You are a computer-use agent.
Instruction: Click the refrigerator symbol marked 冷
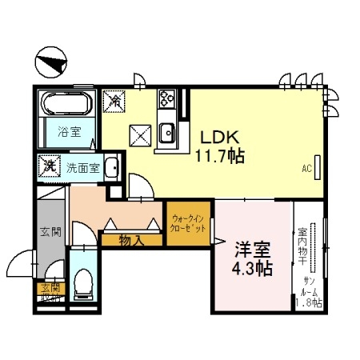115,102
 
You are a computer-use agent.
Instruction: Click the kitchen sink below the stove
168,135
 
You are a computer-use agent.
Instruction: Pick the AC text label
306,170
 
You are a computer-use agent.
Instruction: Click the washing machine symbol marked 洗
49,167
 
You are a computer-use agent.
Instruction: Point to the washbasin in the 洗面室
113,169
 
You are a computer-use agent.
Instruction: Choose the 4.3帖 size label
250,268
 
